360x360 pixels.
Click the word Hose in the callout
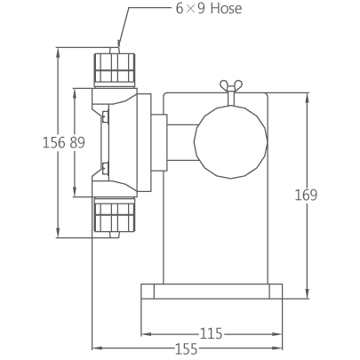(x=226, y=8)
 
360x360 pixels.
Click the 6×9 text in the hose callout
(x=190, y=8)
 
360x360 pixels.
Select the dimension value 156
(x=54, y=142)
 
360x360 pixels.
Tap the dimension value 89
(x=77, y=142)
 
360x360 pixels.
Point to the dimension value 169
(x=306, y=195)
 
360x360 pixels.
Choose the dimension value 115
(x=212, y=333)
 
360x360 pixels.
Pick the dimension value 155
(x=187, y=349)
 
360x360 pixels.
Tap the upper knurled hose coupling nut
(x=115, y=68)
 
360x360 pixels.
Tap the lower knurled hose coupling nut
(x=115, y=216)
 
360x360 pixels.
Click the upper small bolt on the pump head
(x=105, y=116)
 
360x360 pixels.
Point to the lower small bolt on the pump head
(x=105, y=168)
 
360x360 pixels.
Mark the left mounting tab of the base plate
(x=148, y=292)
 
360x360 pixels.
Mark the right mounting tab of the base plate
(x=276, y=292)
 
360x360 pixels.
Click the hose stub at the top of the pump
(x=115, y=50)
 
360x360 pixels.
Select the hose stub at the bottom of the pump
(x=115, y=235)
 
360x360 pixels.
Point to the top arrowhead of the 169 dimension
(x=308, y=99)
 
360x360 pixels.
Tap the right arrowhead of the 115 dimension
(x=276, y=334)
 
